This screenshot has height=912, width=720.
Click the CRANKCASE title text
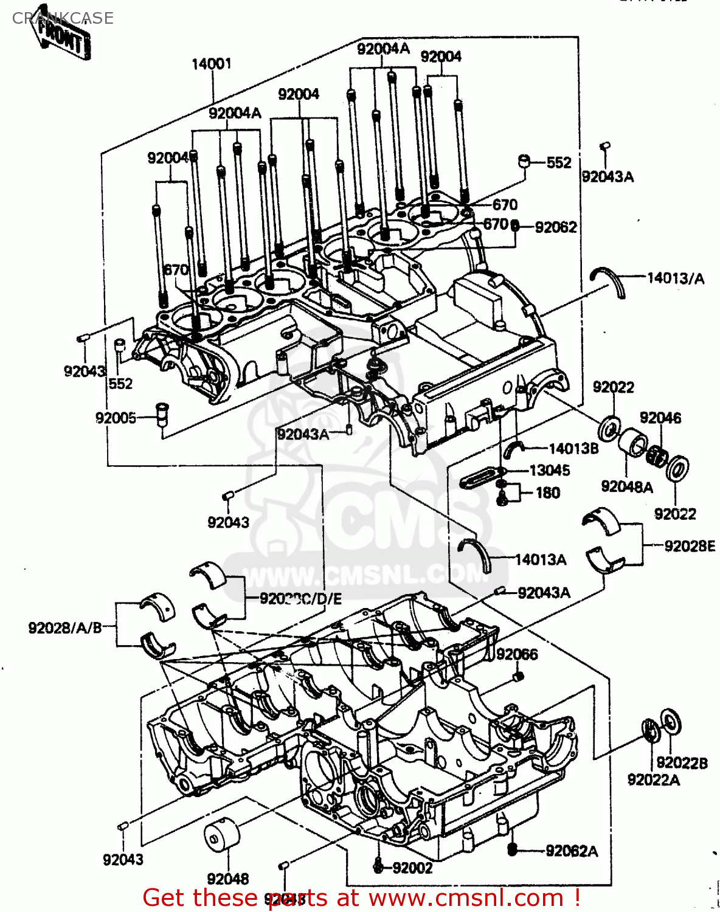click(63, 18)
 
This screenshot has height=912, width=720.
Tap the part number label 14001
click(211, 64)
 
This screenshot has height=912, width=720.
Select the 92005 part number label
click(116, 418)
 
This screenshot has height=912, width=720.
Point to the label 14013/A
click(675, 278)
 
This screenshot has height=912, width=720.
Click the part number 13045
click(549, 470)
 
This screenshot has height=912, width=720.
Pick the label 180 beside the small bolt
click(547, 492)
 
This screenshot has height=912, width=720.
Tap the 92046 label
click(660, 418)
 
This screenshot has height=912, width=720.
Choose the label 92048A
click(626, 486)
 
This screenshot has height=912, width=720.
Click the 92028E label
click(689, 546)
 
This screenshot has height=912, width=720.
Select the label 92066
click(517, 654)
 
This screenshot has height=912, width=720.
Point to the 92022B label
click(682, 763)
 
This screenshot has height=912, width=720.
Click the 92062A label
click(572, 851)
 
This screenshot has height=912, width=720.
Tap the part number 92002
click(412, 868)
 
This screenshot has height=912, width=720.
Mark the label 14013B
click(573, 449)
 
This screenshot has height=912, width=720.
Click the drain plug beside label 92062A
click(512, 849)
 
